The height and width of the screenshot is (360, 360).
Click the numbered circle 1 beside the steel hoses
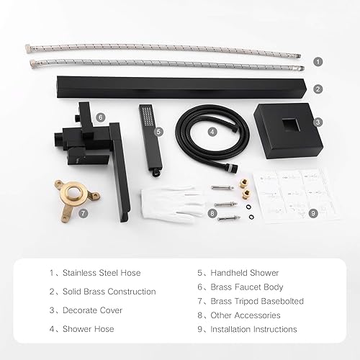point(318,62)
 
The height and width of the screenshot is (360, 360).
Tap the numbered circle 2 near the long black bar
point(318,89)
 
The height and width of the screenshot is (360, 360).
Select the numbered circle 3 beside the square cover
point(318,122)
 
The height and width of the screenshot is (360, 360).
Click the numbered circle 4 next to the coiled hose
point(212,132)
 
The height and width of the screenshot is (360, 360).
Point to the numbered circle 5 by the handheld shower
point(159,132)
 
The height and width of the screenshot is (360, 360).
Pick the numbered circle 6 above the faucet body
point(101,116)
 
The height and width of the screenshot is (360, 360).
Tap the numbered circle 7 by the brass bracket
point(84,213)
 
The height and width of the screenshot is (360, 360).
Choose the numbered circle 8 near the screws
point(212,212)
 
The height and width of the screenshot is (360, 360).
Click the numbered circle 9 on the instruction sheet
point(313,212)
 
